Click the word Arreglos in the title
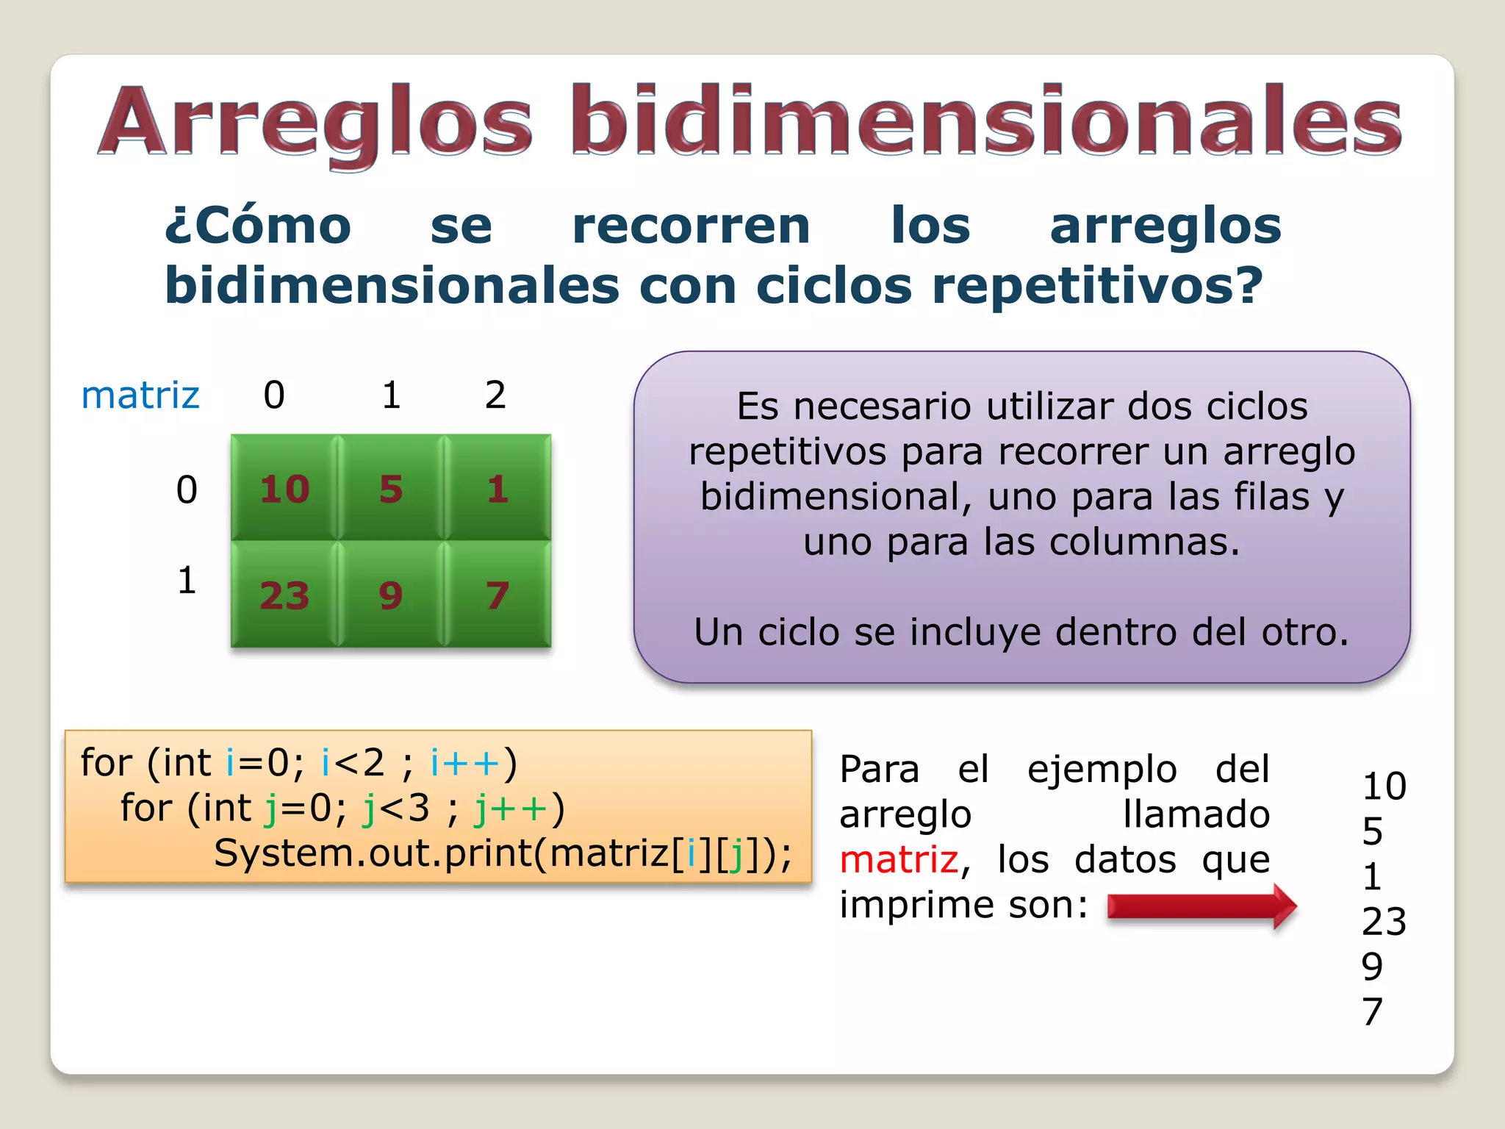pyautogui.click(x=316, y=121)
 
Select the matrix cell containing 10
pyautogui.click(x=284, y=489)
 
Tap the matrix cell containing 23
pyautogui.click(x=284, y=595)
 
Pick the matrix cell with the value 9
pyautogui.click(x=391, y=595)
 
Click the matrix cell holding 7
pyautogui.click(x=498, y=595)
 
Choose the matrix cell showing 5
pyautogui.click(x=391, y=489)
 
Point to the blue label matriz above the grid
pyautogui.click(x=140, y=395)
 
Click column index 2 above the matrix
pyautogui.click(x=495, y=395)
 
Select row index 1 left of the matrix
pyautogui.click(x=187, y=581)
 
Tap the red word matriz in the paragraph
pyautogui.click(x=899, y=860)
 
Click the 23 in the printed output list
pyautogui.click(x=1384, y=922)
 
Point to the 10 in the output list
pyautogui.click(x=1384, y=786)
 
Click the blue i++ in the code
pyautogui.click(x=464, y=763)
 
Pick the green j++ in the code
pyautogui.click(x=511, y=809)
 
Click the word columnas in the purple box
pyautogui.click(x=1145, y=542)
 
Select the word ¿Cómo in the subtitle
pyautogui.click(x=258, y=226)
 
